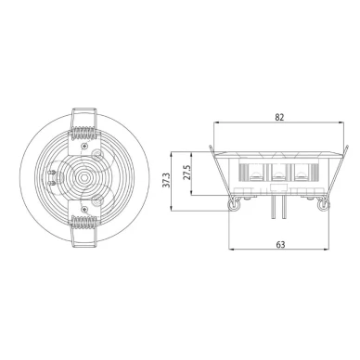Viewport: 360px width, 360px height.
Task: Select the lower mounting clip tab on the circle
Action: coord(86,239)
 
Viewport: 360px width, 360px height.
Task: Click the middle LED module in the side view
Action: coord(279,171)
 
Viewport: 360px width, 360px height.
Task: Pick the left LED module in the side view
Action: coord(254,171)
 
